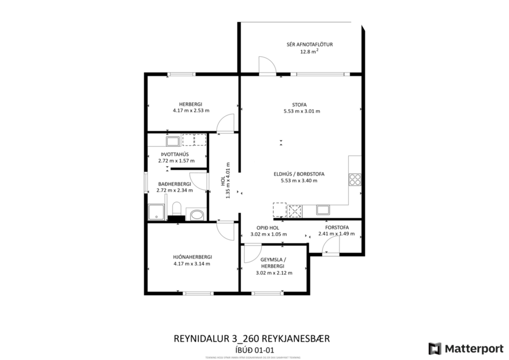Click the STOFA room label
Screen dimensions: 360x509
click(x=301, y=105)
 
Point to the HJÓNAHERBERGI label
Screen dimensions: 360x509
click(x=192, y=256)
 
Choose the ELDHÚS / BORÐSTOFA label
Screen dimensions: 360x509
click(x=299, y=174)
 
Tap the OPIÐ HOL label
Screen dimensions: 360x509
click(x=268, y=228)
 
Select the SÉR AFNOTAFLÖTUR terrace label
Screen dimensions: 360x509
click(x=309, y=44)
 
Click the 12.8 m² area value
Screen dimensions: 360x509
click(x=309, y=52)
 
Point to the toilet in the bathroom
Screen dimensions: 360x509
click(x=178, y=209)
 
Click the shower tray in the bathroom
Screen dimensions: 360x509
click(x=156, y=213)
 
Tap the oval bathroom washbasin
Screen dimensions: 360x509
click(x=197, y=215)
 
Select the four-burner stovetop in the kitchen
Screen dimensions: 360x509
click(x=355, y=179)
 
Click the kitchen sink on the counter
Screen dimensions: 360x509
click(x=323, y=208)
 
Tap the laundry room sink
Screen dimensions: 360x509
click(x=172, y=141)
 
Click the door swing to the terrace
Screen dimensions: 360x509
click(x=266, y=66)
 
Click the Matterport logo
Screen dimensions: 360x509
click(x=465, y=348)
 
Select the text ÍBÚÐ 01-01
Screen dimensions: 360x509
click(x=255, y=349)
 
